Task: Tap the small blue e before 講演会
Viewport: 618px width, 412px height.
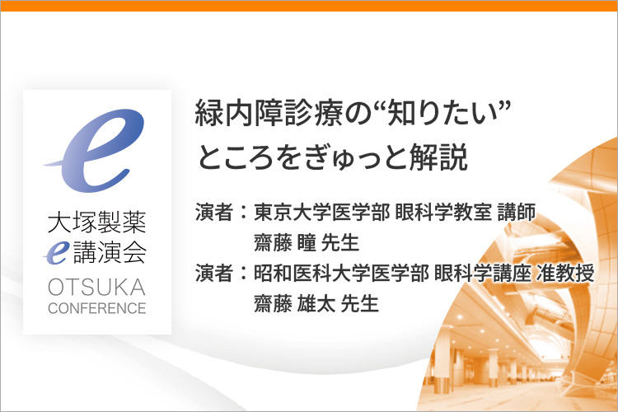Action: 56,253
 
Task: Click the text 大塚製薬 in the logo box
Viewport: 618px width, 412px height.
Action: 97,222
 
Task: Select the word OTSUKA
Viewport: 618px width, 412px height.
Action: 97,287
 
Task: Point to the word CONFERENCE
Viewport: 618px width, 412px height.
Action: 97,308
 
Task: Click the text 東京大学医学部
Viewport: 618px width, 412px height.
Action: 321,212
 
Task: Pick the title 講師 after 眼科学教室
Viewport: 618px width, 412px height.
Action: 517,212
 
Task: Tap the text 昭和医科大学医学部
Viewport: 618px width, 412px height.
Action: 341,273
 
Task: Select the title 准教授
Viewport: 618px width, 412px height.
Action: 564,273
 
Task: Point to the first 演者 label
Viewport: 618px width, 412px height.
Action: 214,212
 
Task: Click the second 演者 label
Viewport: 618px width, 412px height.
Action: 214,273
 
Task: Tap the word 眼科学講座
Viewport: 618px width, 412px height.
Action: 482,273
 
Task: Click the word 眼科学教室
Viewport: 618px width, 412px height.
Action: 443,212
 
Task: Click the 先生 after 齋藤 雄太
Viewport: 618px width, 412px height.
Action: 359,303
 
